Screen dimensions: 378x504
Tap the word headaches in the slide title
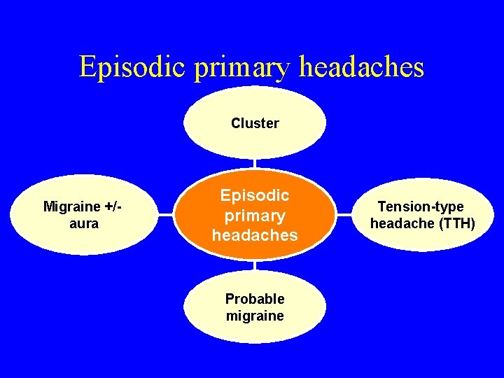(362, 67)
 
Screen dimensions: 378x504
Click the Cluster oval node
(255, 123)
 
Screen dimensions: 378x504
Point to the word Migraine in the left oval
(71, 206)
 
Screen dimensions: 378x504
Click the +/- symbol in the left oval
(111, 206)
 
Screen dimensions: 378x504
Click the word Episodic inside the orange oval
(255, 196)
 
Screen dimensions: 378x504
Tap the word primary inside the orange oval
(255, 216)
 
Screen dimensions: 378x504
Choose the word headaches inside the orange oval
(255, 235)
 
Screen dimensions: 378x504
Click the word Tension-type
(421, 206)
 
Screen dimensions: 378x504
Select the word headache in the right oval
(400, 223)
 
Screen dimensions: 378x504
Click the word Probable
(255, 299)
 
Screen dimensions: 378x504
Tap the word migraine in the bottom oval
(255, 316)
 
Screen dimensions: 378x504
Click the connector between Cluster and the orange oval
(255, 163)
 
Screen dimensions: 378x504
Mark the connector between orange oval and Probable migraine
(255, 266)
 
